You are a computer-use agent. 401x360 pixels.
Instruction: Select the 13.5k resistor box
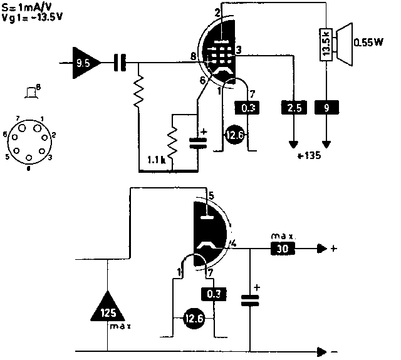pos(326,45)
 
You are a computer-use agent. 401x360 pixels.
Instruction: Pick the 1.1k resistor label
pos(157,160)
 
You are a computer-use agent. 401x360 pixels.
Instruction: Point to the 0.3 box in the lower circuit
pos(214,292)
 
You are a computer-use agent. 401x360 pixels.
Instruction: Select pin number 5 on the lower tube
pos(211,196)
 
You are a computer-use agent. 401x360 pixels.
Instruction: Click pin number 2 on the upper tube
pos(217,13)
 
